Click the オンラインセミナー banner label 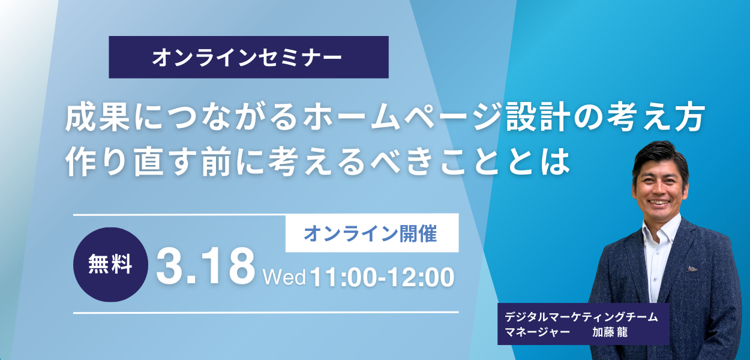click(x=248, y=57)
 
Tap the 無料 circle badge click(x=110, y=264)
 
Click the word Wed click(x=284, y=277)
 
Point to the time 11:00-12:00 click(x=382, y=277)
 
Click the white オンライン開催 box click(x=371, y=233)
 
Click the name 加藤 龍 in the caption click(x=610, y=332)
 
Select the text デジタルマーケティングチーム click(x=581, y=317)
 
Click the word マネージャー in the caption click(x=538, y=332)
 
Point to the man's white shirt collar click(x=660, y=231)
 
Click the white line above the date click(x=180, y=214)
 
